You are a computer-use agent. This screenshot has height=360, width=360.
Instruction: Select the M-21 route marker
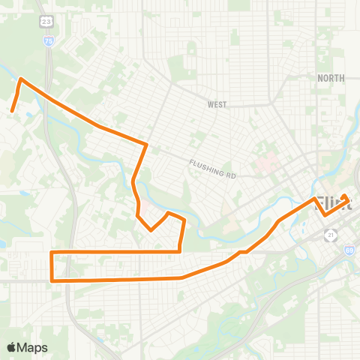[x=331, y=235]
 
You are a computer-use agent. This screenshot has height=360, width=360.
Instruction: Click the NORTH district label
[x=331, y=78]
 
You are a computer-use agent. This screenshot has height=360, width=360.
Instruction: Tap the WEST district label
[x=217, y=105]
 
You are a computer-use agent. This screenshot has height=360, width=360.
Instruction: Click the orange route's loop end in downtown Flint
[x=345, y=196]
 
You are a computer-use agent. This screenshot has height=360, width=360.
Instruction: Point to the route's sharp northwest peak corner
[x=20, y=79]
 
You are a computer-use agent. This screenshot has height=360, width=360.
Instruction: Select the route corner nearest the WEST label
[x=145, y=143]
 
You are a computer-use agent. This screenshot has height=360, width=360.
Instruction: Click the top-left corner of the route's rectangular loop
[x=51, y=252]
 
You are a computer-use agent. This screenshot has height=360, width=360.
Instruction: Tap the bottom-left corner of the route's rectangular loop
[x=51, y=280]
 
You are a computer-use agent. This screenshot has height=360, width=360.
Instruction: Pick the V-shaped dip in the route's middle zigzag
[x=152, y=230]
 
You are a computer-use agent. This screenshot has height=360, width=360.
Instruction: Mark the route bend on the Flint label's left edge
[x=314, y=199]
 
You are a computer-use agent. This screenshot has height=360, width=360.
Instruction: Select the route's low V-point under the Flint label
[x=325, y=214]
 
